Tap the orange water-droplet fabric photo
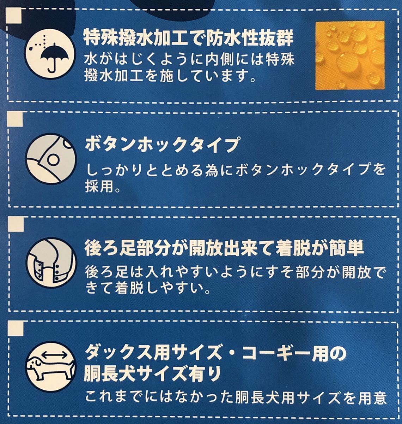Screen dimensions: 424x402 (x=349, y=55)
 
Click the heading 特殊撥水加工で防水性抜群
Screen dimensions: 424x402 (x=188, y=38)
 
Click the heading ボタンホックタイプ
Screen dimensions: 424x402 (x=160, y=145)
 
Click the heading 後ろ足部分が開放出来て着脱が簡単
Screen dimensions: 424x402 (x=224, y=248)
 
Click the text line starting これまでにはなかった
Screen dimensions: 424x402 (x=236, y=398)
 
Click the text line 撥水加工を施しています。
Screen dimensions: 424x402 (x=170, y=76)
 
